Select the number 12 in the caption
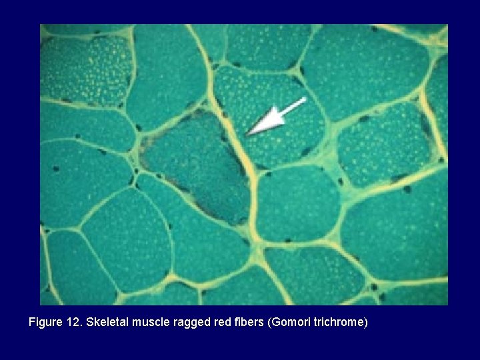73,323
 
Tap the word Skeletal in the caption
105,323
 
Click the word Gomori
288,323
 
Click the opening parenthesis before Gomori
269,323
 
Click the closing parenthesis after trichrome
365,323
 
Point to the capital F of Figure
32,323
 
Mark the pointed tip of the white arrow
248,135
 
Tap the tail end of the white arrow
304,99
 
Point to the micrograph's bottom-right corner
447,305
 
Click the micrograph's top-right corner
447,25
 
